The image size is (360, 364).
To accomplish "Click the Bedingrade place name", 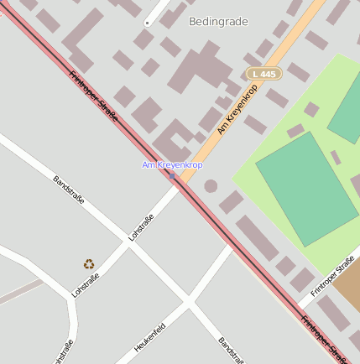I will click(x=218, y=22).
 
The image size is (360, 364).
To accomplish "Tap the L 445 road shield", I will click(x=263, y=75).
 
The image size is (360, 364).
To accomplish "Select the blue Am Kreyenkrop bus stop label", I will click(x=172, y=164).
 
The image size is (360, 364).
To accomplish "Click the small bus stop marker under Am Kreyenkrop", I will click(x=172, y=175).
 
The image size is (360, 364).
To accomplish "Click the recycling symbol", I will click(x=89, y=263).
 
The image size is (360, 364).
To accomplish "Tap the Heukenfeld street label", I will click(x=149, y=336).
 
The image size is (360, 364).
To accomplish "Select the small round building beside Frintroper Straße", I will click(x=211, y=185).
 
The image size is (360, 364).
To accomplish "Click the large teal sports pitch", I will click(x=306, y=187).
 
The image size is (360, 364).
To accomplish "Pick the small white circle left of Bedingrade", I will click(x=147, y=23).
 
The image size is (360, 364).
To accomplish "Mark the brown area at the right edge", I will click(x=351, y=285).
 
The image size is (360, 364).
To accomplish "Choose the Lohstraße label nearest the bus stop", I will click(x=141, y=228).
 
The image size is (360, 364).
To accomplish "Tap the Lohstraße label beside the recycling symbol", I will click(x=86, y=285).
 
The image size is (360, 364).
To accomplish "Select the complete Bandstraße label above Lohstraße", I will click(x=69, y=192).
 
